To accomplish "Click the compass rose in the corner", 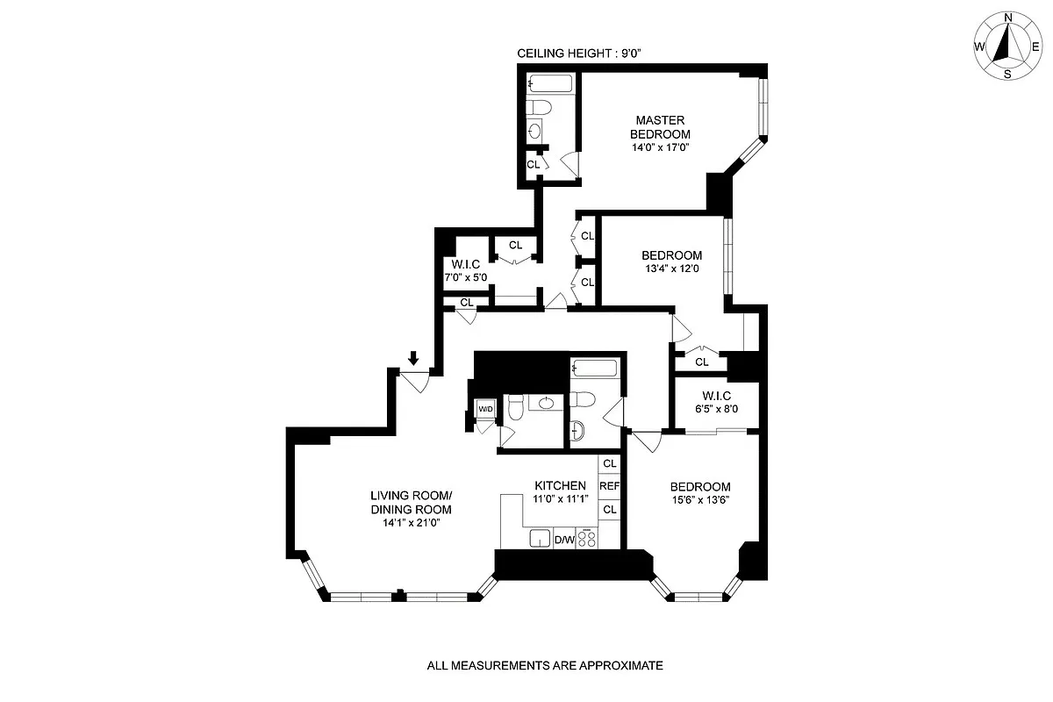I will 1008,47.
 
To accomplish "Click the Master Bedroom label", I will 660,127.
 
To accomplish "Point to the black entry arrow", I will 413,358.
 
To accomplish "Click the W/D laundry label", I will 485,409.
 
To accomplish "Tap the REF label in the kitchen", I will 610,486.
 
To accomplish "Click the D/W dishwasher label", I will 564,540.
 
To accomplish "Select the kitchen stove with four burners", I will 587,537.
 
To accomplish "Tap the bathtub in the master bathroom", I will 550,84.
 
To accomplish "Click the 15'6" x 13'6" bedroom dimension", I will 700,501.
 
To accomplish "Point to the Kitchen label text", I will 560,485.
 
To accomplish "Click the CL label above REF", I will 610,463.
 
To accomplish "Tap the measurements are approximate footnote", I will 544,666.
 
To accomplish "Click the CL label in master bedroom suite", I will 533,164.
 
